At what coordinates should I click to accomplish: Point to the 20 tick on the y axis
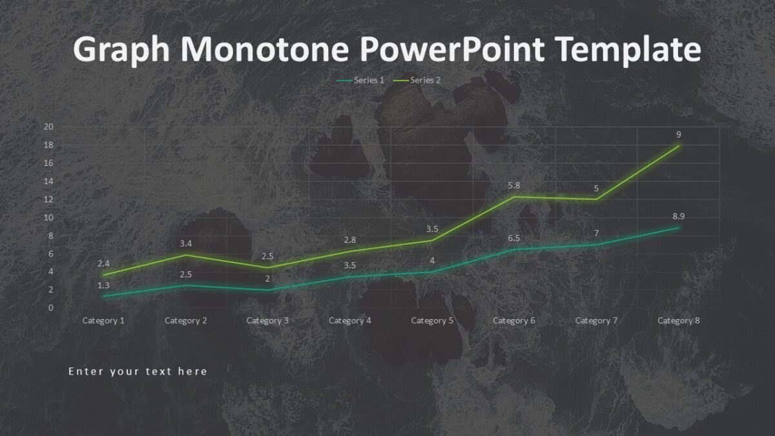coord(48,127)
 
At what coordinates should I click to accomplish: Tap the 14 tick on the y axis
coord(48,181)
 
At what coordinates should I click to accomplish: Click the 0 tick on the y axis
coord(50,307)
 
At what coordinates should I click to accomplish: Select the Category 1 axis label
coord(103,320)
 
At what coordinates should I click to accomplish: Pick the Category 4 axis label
coord(350,320)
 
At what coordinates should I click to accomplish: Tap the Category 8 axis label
coord(679,320)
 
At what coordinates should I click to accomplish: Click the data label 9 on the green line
coord(679,134)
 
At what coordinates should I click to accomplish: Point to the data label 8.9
coord(677,216)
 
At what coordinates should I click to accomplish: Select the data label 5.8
coord(513,185)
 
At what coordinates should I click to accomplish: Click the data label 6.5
coord(513,238)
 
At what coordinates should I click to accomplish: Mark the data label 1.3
coord(103,285)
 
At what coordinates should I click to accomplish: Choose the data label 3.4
coord(186,244)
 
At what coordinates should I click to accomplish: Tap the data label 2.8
coord(350,240)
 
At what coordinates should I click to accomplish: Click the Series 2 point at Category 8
coord(679,146)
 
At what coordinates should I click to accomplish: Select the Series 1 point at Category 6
coord(514,249)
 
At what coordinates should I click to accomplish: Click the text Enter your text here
coord(138,371)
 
